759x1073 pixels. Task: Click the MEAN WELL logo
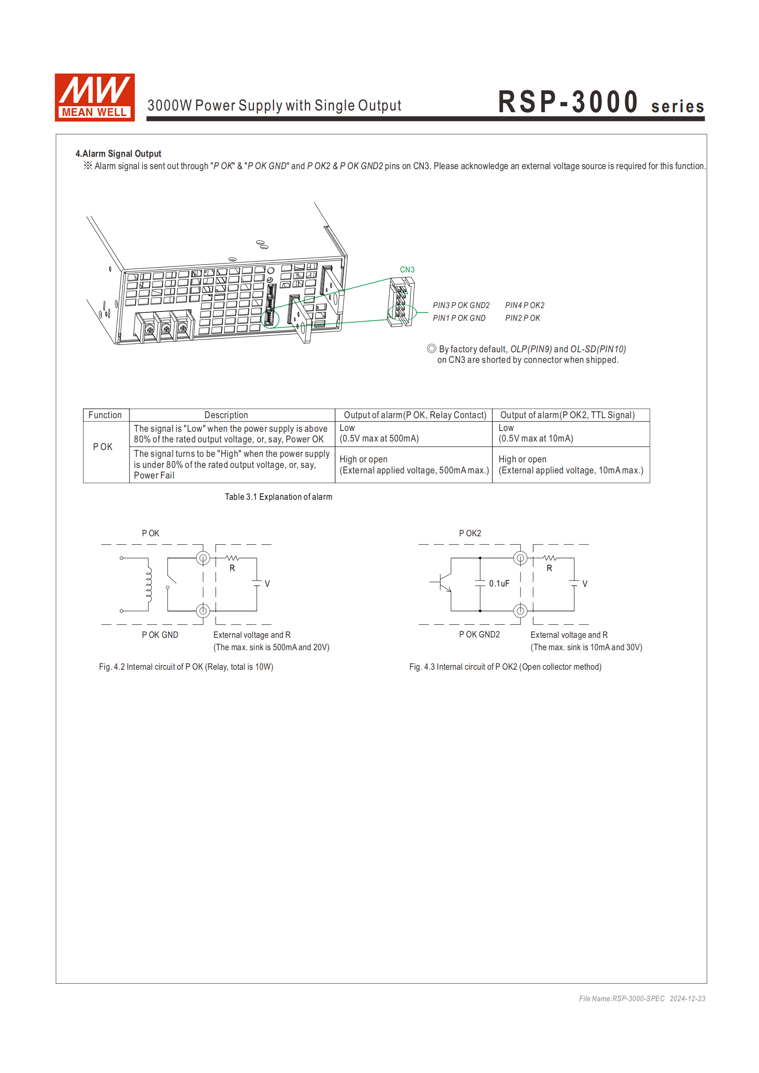94,97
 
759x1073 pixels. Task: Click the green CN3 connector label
407,270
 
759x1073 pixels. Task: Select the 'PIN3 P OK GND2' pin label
461,305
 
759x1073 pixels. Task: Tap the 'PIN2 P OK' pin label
522,318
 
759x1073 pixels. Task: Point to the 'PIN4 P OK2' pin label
524,305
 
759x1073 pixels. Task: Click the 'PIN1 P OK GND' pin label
459,318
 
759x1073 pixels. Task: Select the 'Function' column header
105,415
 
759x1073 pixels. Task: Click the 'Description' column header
226,415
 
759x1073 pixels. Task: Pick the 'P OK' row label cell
103,447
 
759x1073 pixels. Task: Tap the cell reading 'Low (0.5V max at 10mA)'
535,433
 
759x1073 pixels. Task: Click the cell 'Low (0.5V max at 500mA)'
379,433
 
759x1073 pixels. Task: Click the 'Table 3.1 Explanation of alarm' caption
278,497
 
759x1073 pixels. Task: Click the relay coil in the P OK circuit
149,584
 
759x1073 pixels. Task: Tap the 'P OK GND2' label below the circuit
479,634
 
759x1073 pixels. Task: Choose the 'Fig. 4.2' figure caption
186,667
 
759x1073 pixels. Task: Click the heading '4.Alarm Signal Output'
118,154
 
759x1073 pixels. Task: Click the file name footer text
642,999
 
